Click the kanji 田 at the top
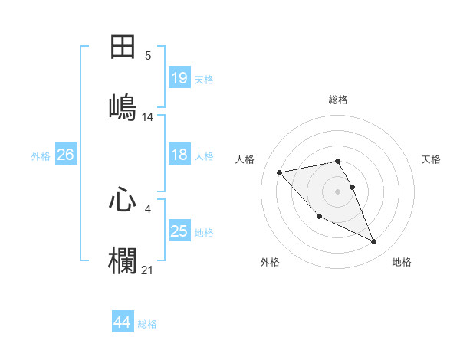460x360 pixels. pos(123,47)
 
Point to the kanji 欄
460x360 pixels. pos(123,260)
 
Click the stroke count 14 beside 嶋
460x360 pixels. pos(148,117)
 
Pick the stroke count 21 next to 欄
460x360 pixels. pos(148,270)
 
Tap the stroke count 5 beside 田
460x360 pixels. pos(148,56)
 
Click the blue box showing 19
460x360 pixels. pos(179,78)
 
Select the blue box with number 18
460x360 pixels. pos(179,155)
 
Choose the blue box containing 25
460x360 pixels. pos(179,231)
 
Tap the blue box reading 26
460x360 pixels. pos(65,155)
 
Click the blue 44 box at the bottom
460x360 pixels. pos(123,322)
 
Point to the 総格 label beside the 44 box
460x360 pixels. pos(148,324)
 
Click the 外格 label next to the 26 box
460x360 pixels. pos(41,156)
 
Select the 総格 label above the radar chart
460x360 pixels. pos(338,100)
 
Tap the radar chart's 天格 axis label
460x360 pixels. pos(432,159)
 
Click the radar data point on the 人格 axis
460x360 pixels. pos(280,172)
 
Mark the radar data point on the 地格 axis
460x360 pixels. pos(374,242)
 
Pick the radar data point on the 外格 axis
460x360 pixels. pos(320,216)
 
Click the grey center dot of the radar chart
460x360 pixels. pos(338,191)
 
